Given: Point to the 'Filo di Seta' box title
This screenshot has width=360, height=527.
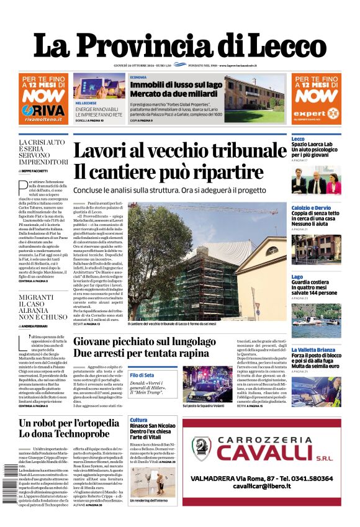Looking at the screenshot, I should pyautogui.click(x=142, y=376).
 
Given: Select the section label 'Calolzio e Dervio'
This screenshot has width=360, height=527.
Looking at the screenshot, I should pyautogui.click(x=311, y=207).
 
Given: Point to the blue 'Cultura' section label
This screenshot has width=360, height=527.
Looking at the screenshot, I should pyautogui.click(x=138, y=420).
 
